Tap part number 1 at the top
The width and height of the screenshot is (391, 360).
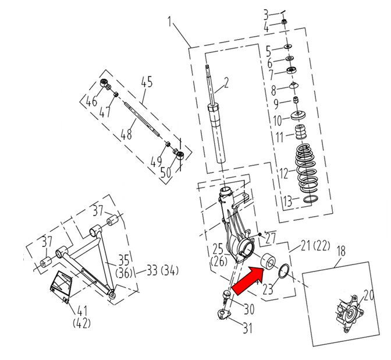169,23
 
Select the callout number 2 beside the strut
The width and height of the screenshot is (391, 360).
226,83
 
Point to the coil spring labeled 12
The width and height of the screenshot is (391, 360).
307,170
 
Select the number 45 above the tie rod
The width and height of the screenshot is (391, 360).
146,82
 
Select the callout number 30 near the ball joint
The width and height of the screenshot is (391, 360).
249,309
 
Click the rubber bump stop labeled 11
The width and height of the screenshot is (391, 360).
301,133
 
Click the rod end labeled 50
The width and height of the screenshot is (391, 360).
181,154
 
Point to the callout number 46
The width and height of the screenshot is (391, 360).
92,103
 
